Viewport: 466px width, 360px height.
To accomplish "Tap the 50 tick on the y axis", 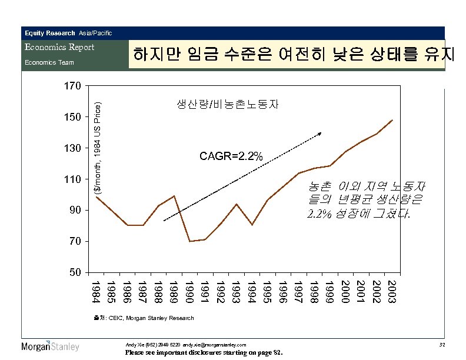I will pos(72,272).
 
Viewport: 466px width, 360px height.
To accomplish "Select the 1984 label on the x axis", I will pos(96,292).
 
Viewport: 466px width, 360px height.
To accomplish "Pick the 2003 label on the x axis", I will pos(392,292).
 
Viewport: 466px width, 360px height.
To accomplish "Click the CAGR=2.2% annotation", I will pos(231,156).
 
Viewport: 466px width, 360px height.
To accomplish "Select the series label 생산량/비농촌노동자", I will pos(227,105).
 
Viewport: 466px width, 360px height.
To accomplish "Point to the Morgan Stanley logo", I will pos(50,346).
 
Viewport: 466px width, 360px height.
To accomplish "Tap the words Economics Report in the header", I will pos(59,47).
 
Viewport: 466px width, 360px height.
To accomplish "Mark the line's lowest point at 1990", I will pos(189,241).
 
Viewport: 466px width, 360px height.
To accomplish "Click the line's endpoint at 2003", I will pos(392,120).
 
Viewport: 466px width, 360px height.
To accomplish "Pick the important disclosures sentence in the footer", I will pos(204,353).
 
